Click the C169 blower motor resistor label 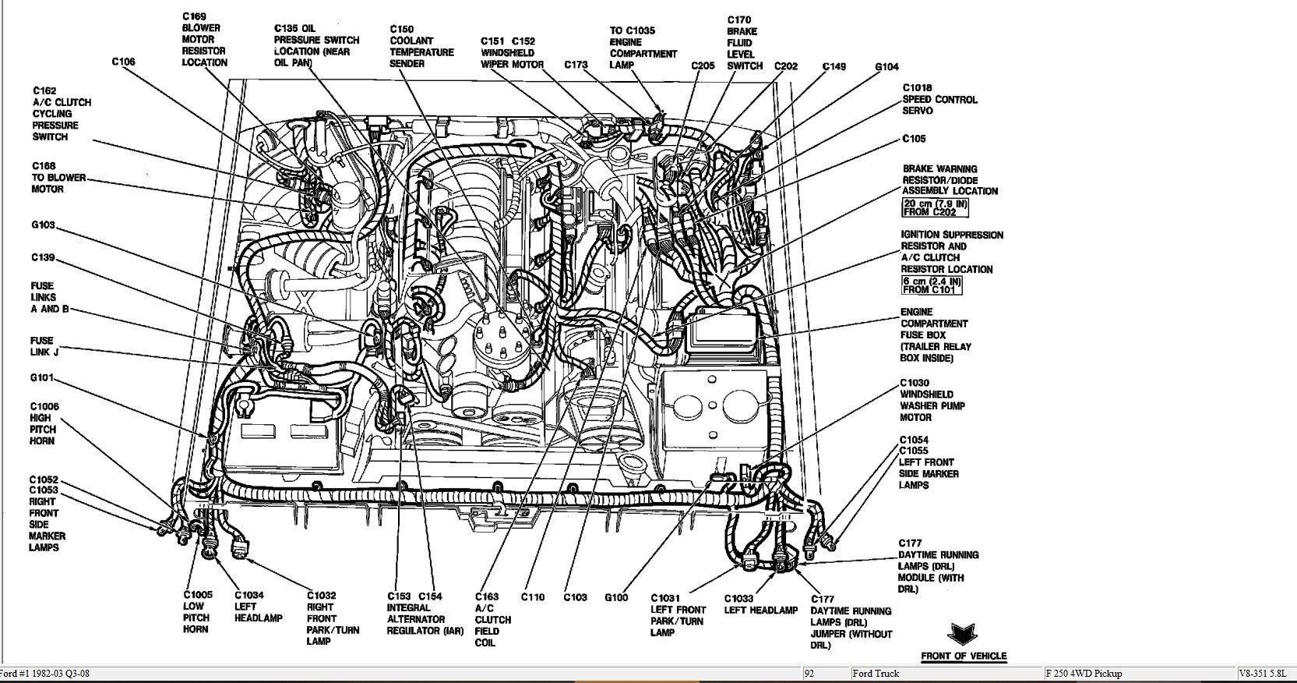pyautogui.click(x=204, y=39)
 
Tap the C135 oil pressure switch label pyautogui.click(x=316, y=45)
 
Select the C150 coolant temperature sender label pyautogui.click(x=421, y=46)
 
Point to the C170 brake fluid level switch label pyautogui.click(x=744, y=43)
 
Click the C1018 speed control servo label pyautogui.click(x=939, y=99)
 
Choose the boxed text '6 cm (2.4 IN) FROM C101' pyautogui.click(x=931, y=285)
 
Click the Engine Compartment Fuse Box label pyautogui.click(x=936, y=334)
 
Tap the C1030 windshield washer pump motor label pyautogui.click(x=932, y=400)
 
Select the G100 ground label pyautogui.click(x=615, y=598)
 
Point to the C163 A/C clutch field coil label pyautogui.click(x=492, y=619)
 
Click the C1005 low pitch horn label pyautogui.click(x=197, y=611)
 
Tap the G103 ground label pyautogui.click(x=44, y=225)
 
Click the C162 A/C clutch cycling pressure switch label pyautogui.click(x=61, y=114)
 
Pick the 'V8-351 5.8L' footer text pyautogui.click(x=1266, y=674)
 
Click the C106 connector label pyautogui.click(x=123, y=62)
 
